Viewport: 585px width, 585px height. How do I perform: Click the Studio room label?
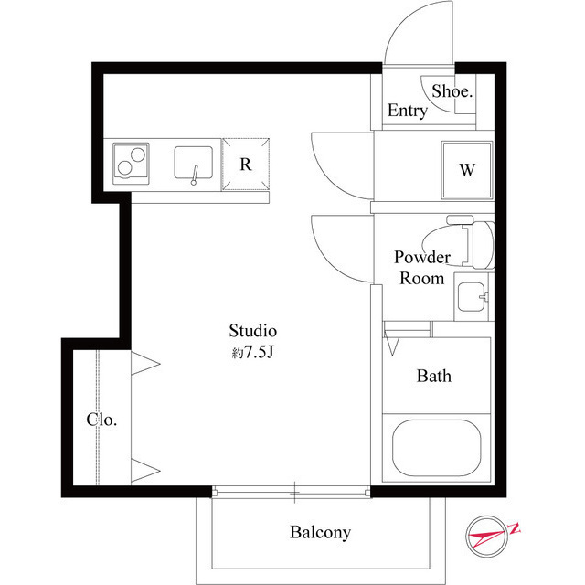click(252, 330)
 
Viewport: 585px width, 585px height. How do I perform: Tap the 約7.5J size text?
click(252, 353)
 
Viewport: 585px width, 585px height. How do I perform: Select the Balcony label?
click(320, 532)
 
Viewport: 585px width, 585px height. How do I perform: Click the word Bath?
click(434, 376)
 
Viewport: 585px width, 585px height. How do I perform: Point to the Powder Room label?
click(421, 268)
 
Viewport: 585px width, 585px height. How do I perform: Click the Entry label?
click(407, 111)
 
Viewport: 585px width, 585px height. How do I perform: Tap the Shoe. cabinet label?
click(452, 91)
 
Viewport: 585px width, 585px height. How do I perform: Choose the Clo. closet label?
click(101, 420)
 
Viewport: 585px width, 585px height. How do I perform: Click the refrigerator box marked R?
click(246, 165)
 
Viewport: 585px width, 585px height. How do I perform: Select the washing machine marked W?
click(467, 170)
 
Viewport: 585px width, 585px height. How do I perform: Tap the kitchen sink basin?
click(194, 163)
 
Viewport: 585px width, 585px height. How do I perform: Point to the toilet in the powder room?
click(475, 243)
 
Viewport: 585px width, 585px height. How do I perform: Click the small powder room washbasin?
click(473, 296)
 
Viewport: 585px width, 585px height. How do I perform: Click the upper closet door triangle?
click(145, 364)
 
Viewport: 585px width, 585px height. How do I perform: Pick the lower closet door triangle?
click(145, 470)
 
